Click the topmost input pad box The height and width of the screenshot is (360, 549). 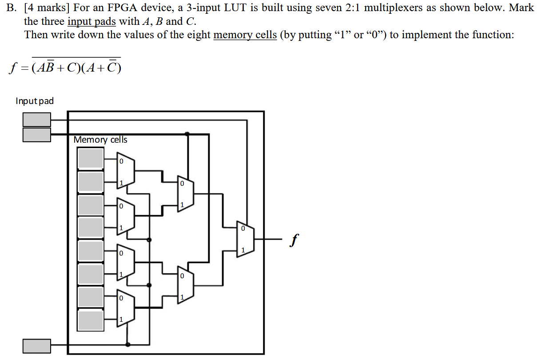coord(37,119)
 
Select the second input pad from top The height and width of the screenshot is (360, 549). coord(37,135)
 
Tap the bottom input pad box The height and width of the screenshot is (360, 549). coord(37,346)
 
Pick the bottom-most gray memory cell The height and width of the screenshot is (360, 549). coord(91,320)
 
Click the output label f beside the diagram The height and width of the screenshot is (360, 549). coord(292,240)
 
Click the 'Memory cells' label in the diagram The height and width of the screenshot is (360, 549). coord(100,140)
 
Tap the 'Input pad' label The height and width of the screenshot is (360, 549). coord(35,101)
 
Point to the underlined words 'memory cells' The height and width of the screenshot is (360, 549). coord(245,35)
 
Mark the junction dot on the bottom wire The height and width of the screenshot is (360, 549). coord(128,344)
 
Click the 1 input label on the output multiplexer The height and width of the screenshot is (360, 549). coord(243,251)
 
